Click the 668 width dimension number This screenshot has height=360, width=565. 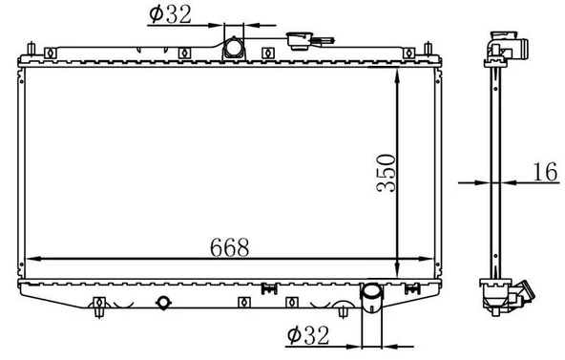pos(229,247)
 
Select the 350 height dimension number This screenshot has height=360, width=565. pos(386,173)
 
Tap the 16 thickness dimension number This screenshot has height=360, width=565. pos(546,172)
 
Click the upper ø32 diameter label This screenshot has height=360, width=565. pos(170,14)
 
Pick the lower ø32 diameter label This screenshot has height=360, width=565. pos(308,335)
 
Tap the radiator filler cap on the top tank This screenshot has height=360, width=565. pos(299,40)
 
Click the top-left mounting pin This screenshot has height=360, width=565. pos(31,49)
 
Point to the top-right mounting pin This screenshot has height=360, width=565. pos(429,49)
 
